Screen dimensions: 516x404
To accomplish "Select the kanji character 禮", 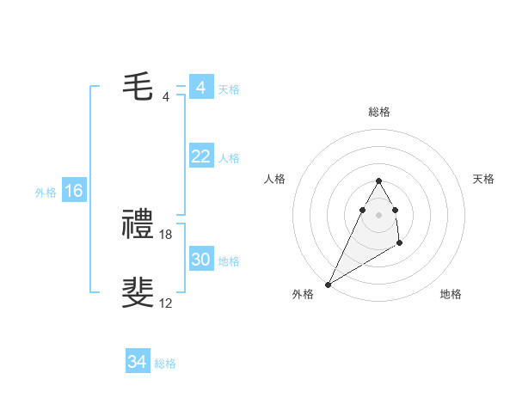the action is (x=138, y=225).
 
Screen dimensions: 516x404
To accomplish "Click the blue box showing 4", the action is (x=200, y=88).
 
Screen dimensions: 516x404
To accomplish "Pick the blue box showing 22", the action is (x=200, y=156).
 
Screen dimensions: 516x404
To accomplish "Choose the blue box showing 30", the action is (x=200, y=260).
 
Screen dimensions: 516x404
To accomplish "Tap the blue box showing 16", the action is (x=74, y=191).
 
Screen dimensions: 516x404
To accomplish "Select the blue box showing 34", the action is (x=138, y=362).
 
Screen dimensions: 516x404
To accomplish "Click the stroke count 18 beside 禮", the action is (x=166, y=234).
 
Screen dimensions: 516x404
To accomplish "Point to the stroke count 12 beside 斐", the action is (x=166, y=303).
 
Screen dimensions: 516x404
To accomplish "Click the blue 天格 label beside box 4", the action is (x=229, y=89).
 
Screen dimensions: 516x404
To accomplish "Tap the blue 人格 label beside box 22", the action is (x=229, y=158).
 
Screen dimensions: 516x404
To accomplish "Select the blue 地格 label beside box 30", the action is (x=229, y=261).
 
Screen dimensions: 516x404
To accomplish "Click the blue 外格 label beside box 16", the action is (x=46, y=193).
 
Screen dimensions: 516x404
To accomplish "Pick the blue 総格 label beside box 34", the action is (x=165, y=364).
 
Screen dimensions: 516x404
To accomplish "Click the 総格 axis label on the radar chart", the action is (x=378, y=112).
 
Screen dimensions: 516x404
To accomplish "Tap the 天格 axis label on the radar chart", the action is (x=483, y=179).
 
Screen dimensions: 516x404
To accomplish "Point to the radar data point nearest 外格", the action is (x=329, y=284).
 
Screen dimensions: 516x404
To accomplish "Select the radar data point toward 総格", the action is (x=378, y=181).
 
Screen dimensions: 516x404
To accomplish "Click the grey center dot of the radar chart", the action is (x=378, y=214).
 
